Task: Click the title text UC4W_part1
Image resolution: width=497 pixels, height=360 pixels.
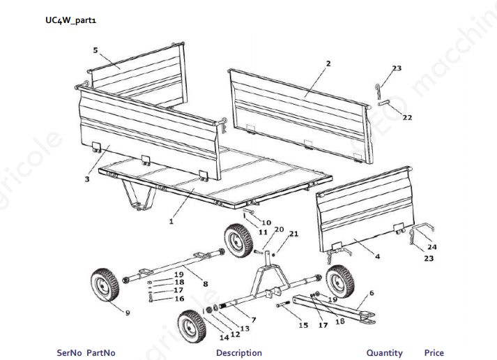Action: click(x=70, y=20)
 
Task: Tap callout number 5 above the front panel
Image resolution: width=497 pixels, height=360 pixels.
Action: click(x=95, y=50)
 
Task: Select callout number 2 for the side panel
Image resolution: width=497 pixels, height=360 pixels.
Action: click(x=328, y=63)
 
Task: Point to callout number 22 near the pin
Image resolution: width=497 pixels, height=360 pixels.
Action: click(x=407, y=117)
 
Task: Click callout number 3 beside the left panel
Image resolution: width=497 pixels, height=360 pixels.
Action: click(x=86, y=179)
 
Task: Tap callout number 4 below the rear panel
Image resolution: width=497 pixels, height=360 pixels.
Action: click(x=377, y=257)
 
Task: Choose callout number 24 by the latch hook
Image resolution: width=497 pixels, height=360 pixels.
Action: click(x=432, y=247)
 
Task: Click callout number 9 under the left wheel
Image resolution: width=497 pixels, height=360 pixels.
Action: click(x=128, y=313)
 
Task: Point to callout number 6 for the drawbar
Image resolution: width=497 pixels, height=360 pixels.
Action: click(x=372, y=293)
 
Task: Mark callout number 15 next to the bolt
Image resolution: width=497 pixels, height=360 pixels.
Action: click(x=303, y=325)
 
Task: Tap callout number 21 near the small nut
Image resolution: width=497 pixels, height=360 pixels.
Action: click(x=293, y=234)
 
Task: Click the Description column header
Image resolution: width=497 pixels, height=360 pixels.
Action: click(x=238, y=353)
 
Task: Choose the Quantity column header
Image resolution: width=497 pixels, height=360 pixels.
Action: click(x=384, y=353)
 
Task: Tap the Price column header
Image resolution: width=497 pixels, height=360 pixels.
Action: click(x=434, y=353)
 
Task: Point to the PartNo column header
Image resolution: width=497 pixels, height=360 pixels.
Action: click(x=101, y=353)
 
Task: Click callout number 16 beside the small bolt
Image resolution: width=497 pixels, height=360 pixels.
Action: click(x=178, y=299)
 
